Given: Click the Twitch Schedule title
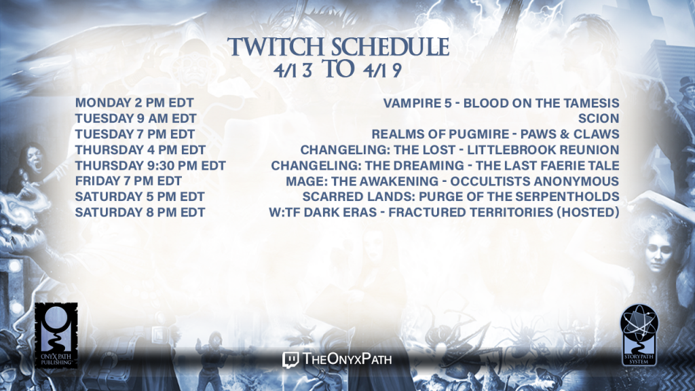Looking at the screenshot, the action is click(x=338, y=47).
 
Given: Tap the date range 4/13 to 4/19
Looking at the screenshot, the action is click(x=338, y=70).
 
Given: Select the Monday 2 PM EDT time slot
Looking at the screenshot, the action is click(x=134, y=103).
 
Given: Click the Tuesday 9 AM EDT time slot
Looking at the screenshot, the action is click(x=136, y=118).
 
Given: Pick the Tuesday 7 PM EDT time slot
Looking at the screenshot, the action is click(x=135, y=134).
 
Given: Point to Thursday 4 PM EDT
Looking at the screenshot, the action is click(x=140, y=150).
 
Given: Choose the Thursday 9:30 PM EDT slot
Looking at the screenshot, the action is click(x=150, y=166).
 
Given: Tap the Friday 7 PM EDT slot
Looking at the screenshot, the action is click(x=128, y=181).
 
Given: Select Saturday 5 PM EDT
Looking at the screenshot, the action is click(x=140, y=196).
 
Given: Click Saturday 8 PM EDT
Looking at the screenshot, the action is click(x=140, y=212).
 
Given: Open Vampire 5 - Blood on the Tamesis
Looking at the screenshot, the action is click(x=502, y=103).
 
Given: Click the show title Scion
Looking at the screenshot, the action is click(x=599, y=118).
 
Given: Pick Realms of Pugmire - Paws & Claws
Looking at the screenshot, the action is click(x=495, y=134).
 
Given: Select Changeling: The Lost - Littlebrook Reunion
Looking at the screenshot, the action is click(x=460, y=150).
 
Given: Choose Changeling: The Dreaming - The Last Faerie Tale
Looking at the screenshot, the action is click(x=445, y=166).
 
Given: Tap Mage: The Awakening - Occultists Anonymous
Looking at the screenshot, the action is click(x=453, y=181).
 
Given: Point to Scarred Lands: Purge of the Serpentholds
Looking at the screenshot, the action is click(x=461, y=196).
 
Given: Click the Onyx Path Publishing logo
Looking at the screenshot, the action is click(x=56, y=335).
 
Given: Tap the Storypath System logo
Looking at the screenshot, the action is click(x=639, y=335).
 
